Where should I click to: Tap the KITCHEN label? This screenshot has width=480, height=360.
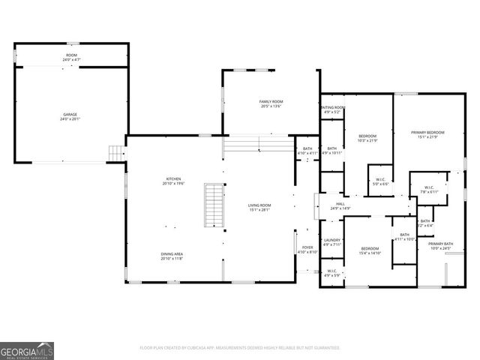tap(174, 181)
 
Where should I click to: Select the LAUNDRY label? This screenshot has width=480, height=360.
tap(332, 241)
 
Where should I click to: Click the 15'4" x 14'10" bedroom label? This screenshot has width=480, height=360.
tap(370, 250)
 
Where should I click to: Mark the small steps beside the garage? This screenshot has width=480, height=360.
tap(115, 152)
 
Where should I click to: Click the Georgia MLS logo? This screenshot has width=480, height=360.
tap(27, 351)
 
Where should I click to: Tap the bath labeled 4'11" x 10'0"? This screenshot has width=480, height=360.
tap(404, 237)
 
